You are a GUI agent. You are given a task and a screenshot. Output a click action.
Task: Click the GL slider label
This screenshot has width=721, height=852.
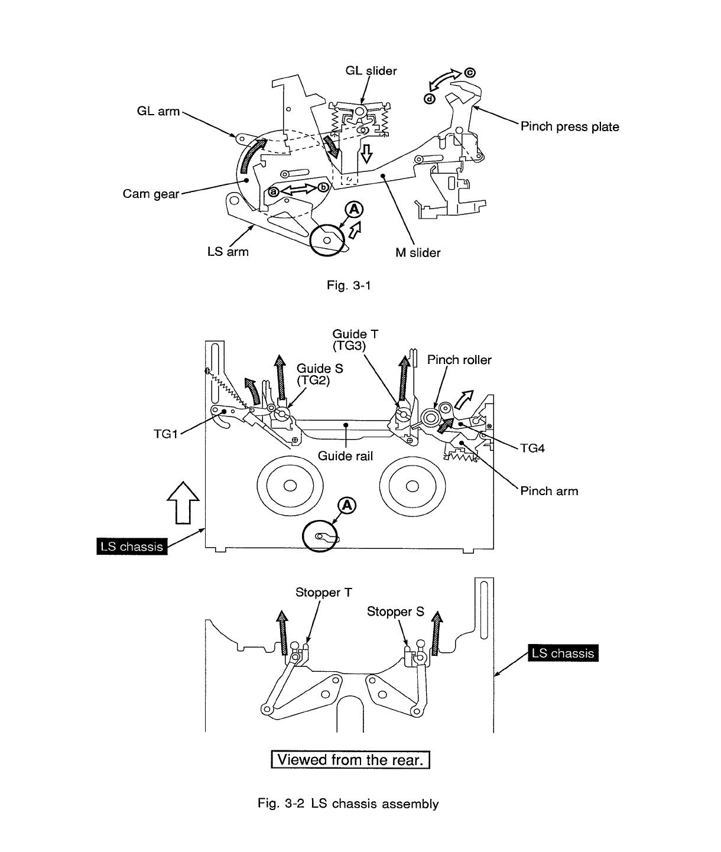(371, 71)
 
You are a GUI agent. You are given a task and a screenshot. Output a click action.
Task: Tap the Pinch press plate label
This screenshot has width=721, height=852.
(569, 126)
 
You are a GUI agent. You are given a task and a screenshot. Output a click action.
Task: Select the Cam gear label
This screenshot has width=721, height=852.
(151, 194)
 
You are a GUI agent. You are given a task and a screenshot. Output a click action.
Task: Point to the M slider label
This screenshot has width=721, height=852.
(418, 253)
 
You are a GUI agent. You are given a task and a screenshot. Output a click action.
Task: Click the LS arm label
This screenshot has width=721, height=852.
(228, 252)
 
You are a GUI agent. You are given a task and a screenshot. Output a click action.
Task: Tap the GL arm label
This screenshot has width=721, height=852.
(158, 111)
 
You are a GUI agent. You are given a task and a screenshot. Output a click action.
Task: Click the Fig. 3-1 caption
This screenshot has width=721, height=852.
(349, 286)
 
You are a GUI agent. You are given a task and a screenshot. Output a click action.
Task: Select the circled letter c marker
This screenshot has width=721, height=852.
(470, 73)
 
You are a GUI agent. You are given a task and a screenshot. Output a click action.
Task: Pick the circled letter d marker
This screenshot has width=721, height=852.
(430, 99)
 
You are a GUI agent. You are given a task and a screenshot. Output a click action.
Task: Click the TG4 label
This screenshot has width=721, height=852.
(532, 448)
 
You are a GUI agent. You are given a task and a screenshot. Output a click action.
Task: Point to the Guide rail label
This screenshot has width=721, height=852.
(345, 456)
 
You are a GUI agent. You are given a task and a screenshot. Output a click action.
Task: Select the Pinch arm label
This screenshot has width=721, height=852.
(549, 491)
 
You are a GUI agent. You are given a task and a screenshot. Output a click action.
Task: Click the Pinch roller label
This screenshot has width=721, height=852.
(459, 360)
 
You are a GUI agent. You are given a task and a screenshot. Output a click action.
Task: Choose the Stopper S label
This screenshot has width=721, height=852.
(395, 612)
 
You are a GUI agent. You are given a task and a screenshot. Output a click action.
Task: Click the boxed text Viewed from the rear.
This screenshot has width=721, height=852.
(350, 759)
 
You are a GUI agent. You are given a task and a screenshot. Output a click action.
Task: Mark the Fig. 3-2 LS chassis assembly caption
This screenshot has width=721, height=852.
(348, 804)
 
